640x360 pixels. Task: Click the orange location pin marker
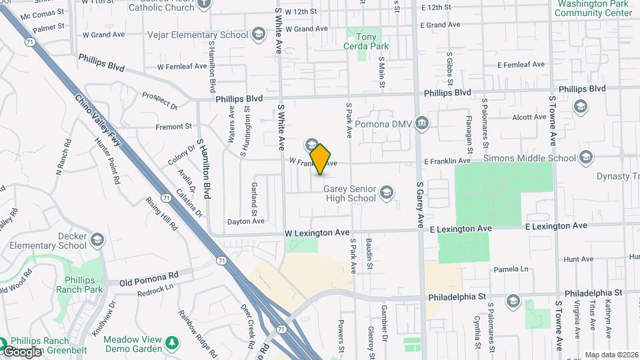tap(321, 159)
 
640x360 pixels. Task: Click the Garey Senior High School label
tap(349, 193)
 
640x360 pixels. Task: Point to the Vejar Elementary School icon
tap(258, 34)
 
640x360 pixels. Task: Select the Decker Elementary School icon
tap(97, 239)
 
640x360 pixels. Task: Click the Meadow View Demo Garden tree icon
tap(173, 343)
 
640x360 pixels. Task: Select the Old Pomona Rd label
tap(149, 274)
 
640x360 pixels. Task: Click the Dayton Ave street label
tap(246, 221)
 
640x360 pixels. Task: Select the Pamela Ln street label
tap(510, 269)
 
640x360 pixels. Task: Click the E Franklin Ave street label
tap(448, 161)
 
